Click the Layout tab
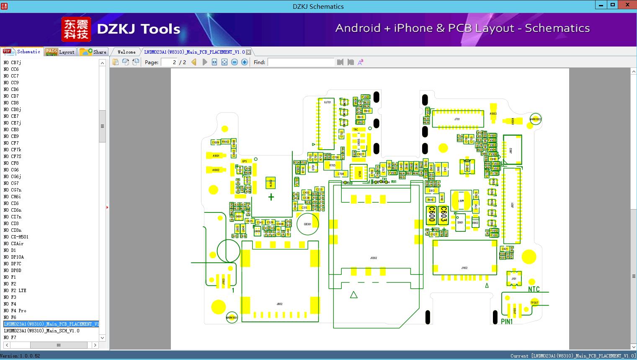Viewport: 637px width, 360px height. point(60,52)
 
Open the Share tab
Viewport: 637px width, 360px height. point(94,52)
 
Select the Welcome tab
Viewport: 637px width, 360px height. point(126,52)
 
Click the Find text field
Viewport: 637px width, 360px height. point(301,62)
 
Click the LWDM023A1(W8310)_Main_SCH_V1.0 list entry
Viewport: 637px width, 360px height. point(41,331)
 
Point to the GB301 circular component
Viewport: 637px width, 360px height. point(307,224)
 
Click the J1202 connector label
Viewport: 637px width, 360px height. point(373,258)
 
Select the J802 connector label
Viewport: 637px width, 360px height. point(279,304)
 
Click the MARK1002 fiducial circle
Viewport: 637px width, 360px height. point(535,119)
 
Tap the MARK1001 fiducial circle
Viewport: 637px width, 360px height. point(232,318)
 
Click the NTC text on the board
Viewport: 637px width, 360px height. point(534,289)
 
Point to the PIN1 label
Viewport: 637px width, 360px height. point(507,321)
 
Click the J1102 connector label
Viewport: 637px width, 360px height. point(464,268)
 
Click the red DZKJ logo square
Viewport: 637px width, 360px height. point(76,29)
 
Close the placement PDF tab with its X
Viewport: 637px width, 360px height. point(248,52)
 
